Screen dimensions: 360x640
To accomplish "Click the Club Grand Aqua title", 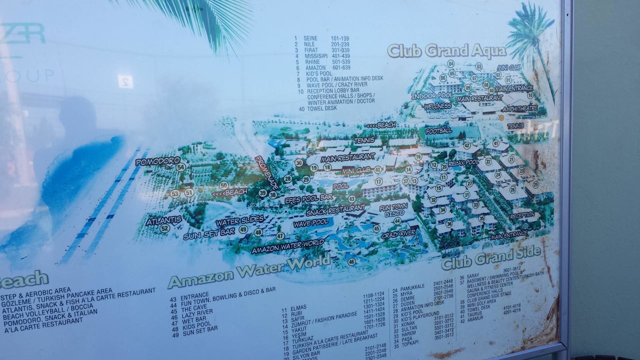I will click(x=446, y=51).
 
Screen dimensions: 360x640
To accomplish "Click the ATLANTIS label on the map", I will click(x=163, y=219).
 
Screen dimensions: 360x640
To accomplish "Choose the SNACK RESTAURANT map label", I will click(x=335, y=210).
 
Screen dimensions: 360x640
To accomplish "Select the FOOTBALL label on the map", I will click(x=438, y=130).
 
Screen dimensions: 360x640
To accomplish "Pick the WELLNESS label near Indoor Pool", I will click(x=437, y=106).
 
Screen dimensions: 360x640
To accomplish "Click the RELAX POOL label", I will click(x=463, y=162).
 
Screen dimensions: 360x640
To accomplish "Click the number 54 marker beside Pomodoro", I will click(x=180, y=167).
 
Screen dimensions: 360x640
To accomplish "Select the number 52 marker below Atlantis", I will click(x=165, y=228).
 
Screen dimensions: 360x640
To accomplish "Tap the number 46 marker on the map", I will click(x=351, y=261).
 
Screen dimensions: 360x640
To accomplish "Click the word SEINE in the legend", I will click(x=310, y=38).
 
